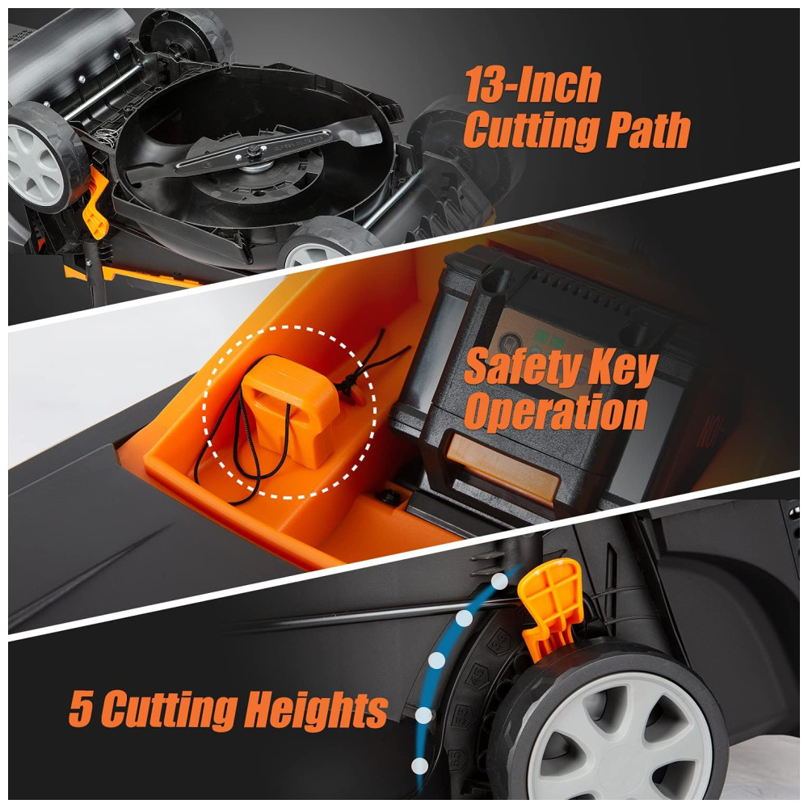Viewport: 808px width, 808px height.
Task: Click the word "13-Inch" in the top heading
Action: coord(532,85)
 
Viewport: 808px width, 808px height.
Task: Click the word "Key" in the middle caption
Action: coord(625,368)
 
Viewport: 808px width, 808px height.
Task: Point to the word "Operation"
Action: coord(556,410)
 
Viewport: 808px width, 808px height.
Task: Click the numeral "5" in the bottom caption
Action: coord(81,709)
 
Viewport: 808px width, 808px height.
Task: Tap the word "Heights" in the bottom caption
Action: coord(316,709)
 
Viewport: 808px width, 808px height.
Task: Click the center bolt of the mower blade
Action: coord(254,151)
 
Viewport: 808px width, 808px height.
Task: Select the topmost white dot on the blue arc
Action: coord(499,581)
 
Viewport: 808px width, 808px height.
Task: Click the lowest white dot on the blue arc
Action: coord(420,766)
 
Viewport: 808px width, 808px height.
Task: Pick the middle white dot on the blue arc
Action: coord(437,660)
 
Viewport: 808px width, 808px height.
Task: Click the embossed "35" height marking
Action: coord(498,642)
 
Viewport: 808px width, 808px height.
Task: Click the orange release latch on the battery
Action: coord(502,466)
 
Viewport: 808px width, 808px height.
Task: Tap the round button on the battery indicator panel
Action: coord(511,343)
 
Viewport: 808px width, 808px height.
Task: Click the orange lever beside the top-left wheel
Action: coord(95,203)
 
